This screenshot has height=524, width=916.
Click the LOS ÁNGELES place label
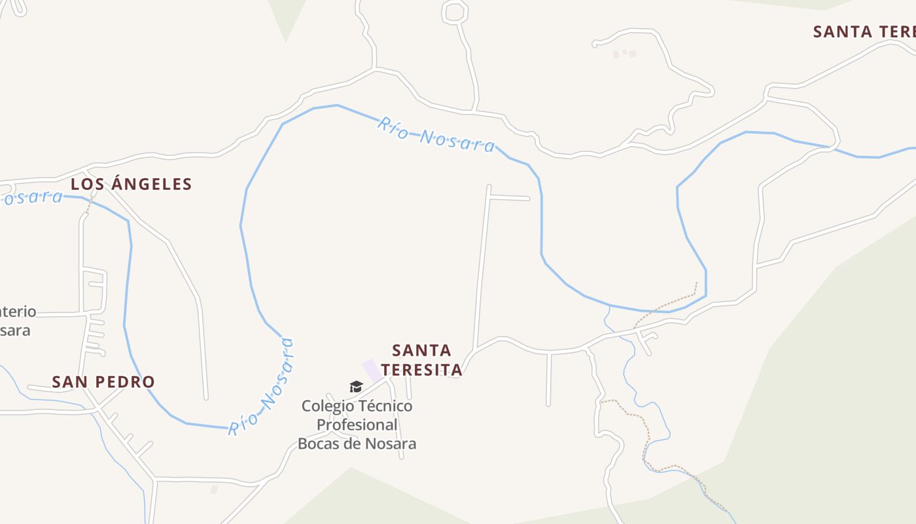132,184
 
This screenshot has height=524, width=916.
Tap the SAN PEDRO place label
103,382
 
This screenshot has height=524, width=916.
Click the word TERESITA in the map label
422,370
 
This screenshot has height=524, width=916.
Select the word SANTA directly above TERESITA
422,350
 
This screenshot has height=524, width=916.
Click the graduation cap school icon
356,387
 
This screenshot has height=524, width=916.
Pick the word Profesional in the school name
357,424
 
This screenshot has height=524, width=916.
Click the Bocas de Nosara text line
357,443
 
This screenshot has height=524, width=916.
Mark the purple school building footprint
372,369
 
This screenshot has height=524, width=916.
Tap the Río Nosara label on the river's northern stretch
436,134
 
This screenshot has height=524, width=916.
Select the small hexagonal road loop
455,12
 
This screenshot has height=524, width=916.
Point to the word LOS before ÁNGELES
88,184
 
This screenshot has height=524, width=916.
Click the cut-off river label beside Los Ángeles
31,197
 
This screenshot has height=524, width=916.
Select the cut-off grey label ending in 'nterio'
18,312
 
